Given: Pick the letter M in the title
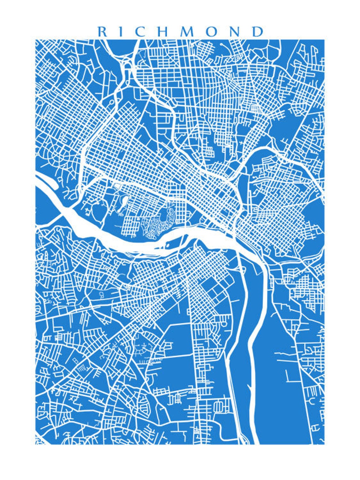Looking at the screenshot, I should (x=188, y=32).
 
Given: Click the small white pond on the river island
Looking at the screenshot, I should (x=167, y=244).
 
